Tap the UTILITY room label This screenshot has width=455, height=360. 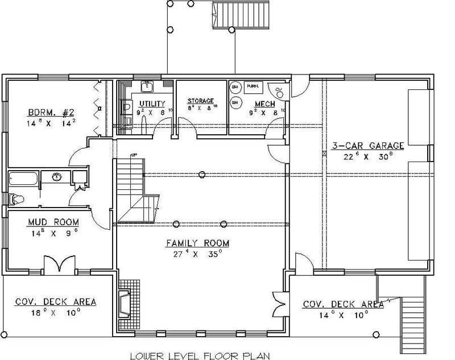pos(152,104)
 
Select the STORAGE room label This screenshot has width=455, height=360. pos(201,101)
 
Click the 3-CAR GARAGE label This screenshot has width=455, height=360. pos(368,146)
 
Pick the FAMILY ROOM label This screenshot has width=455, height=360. pos(197,243)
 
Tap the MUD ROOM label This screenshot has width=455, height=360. pos(54,222)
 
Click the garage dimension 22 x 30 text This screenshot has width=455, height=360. pos(368,156)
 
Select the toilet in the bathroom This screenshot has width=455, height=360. pos(15,199)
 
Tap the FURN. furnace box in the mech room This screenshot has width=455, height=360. pos(253,86)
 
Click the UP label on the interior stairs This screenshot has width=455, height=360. pos(135,155)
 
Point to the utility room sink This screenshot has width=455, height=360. pos(147,86)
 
